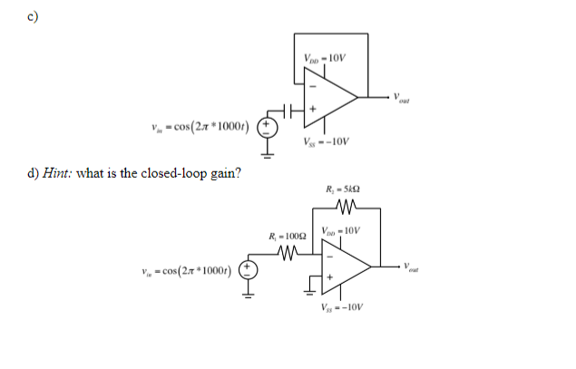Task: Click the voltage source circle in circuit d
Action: (x=247, y=269)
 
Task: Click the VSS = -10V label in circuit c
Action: (x=325, y=141)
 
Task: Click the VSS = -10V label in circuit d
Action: (x=342, y=306)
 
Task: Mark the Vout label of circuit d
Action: (x=416, y=268)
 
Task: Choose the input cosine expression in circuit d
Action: (x=184, y=269)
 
